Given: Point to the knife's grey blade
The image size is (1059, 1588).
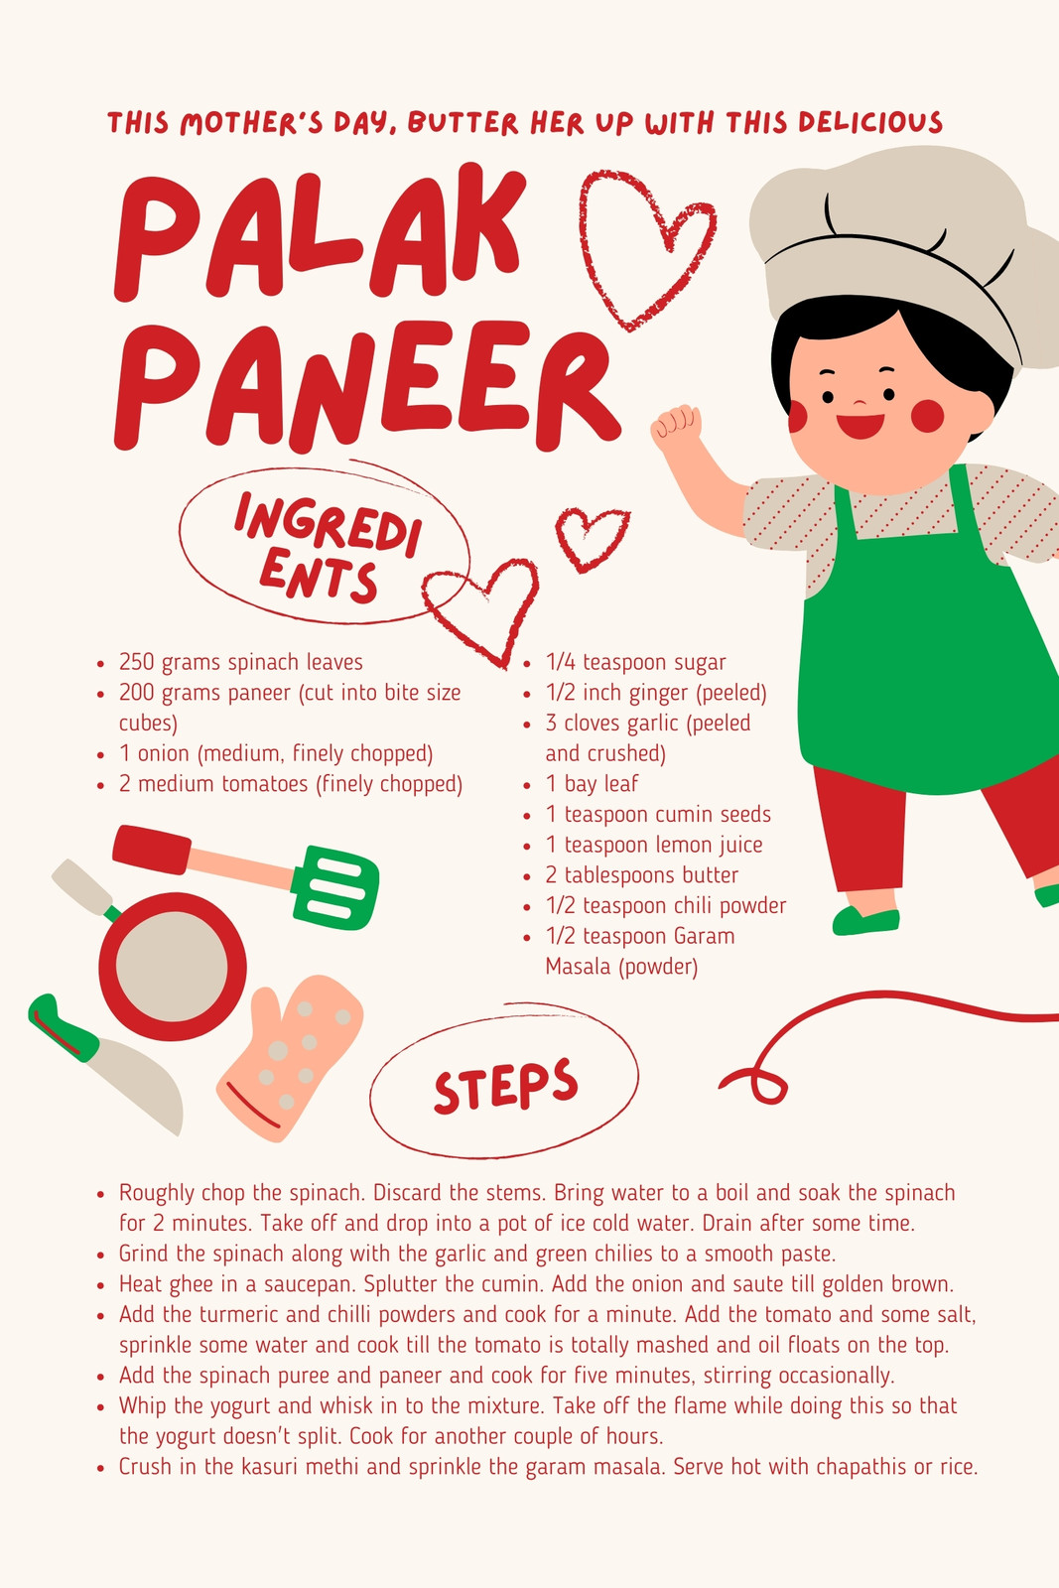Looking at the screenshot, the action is pos(138,1085).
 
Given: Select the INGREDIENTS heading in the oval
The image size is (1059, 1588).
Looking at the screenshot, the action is pos(327,547).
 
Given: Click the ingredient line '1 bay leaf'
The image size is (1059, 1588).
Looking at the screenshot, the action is pos(592,783).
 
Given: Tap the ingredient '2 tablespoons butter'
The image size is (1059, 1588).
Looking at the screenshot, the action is pos(641,874).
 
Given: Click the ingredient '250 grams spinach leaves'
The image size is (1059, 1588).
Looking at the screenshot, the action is pos(240,662).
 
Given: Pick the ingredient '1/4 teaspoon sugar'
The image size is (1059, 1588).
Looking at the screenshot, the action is pos(636,662).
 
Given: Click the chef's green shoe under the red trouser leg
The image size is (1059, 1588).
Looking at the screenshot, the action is pos(865,921).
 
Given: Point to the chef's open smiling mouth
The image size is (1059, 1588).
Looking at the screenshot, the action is pos(860,426).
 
